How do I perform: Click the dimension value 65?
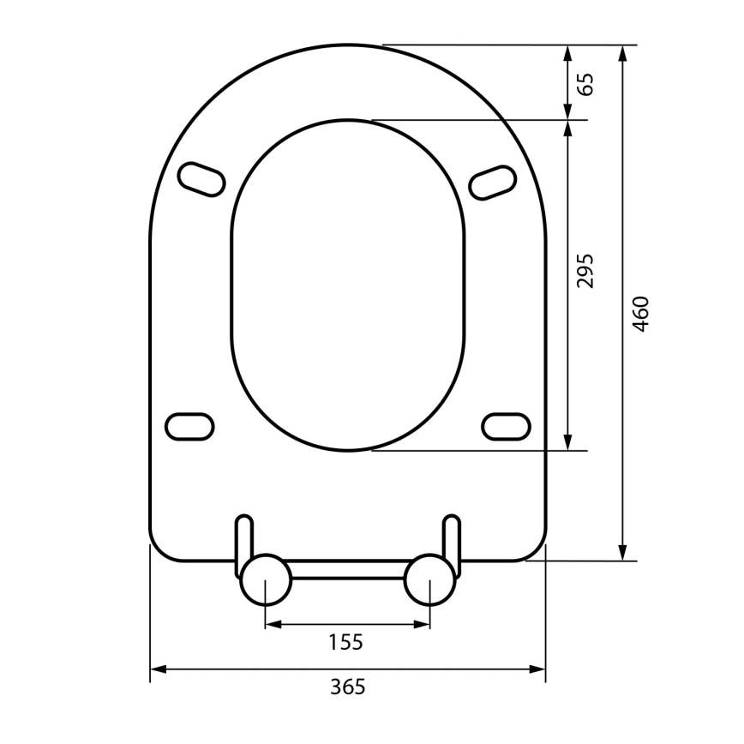(585, 83)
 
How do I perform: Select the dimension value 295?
(585, 270)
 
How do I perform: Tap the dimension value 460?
(641, 314)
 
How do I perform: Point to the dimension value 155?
(347, 641)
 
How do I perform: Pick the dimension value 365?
(347, 687)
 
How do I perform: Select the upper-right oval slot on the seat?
(494, 181)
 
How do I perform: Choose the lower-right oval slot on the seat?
(506, 425)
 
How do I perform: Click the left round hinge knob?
(265, 579)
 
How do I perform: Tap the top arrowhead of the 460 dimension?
(623, 53)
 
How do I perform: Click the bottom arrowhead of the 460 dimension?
(623, 552)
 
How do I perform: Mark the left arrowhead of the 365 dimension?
(159, 669)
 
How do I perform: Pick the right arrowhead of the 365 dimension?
(537, 669)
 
